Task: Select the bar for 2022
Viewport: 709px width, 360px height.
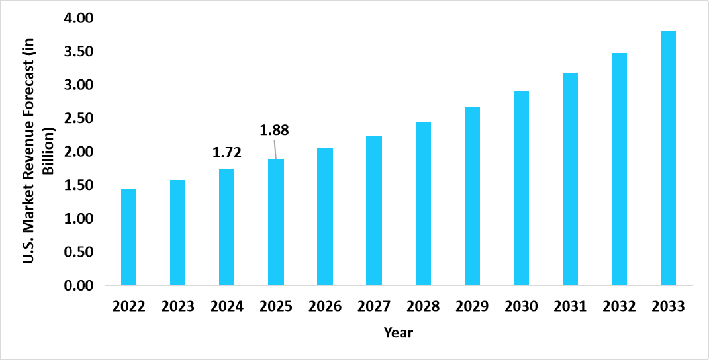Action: coord(128,238)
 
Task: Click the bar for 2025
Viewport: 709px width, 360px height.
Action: coord(276,223)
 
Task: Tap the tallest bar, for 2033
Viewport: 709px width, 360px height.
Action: coord(668,159)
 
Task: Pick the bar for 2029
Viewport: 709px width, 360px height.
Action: coord(472,197)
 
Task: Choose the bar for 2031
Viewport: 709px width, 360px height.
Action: coord(570,179)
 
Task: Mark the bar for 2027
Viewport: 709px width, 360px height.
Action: coord(374,210)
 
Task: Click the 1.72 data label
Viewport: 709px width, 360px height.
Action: coord(227,154)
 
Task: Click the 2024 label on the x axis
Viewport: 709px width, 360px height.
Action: coord(227,306)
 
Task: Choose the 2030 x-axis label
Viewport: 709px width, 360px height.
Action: coord(521,306)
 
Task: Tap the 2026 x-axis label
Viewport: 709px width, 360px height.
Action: coord(325,306)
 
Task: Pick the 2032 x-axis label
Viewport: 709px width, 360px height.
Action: coord(619,306)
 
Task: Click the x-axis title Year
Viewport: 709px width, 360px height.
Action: coord(399,333)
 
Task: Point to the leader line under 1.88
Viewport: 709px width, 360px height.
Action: coord(275,150)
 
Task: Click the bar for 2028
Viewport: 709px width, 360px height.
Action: coord(423,204)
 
